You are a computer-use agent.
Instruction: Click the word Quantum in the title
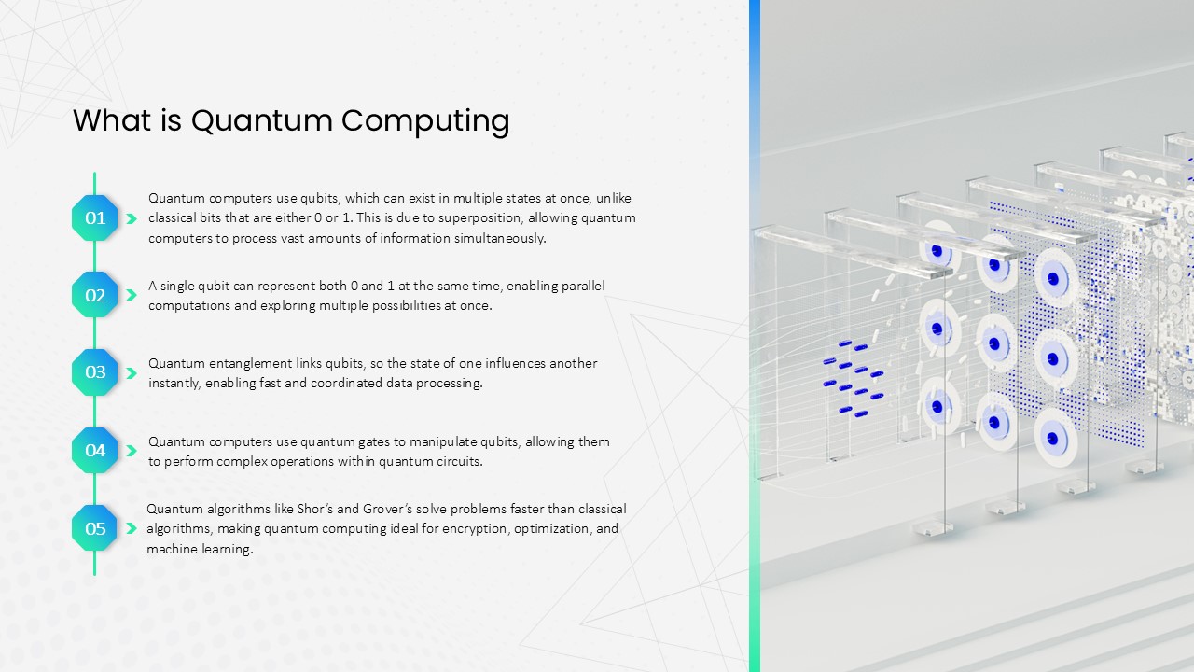262,120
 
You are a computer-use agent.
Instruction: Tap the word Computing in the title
425,121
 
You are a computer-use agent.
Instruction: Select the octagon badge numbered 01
95,217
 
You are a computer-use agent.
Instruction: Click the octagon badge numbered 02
95,295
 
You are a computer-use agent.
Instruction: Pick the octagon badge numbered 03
95,372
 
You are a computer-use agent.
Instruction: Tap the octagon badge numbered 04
95,450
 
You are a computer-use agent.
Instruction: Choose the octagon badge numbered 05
95,528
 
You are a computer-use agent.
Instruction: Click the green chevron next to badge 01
132,218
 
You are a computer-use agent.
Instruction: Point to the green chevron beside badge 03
132,373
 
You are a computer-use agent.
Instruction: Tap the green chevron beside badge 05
132,528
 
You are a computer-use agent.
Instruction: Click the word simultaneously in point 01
500,239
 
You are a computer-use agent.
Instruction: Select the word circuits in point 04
460,461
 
